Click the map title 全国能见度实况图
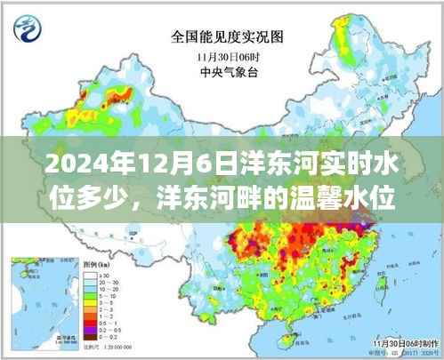coord(221,37)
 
